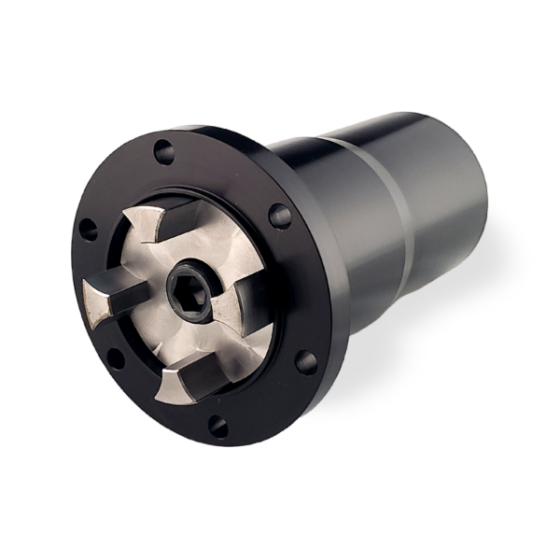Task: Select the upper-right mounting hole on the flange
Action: pos(279,216)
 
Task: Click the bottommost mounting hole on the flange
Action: pos(217,427)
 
